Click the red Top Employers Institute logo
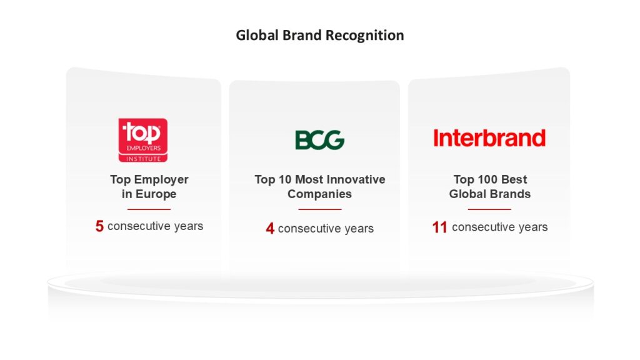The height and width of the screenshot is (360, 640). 143,140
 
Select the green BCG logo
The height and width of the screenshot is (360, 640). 319,140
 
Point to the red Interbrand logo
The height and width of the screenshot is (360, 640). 489,138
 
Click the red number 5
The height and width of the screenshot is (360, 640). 99,226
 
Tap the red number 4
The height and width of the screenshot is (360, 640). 270,229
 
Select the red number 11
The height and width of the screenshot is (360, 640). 439,227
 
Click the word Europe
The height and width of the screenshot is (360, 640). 156,194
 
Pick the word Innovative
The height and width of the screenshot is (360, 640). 356,179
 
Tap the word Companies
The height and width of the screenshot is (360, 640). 319,194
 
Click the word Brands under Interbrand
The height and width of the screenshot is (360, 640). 510,194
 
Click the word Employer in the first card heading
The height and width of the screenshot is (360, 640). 161,179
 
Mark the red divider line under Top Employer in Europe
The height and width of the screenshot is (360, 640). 149,209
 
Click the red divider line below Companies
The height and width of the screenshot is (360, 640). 319,209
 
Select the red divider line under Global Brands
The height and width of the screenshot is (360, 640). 489,209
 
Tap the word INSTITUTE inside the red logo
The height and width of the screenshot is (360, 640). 143,159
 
